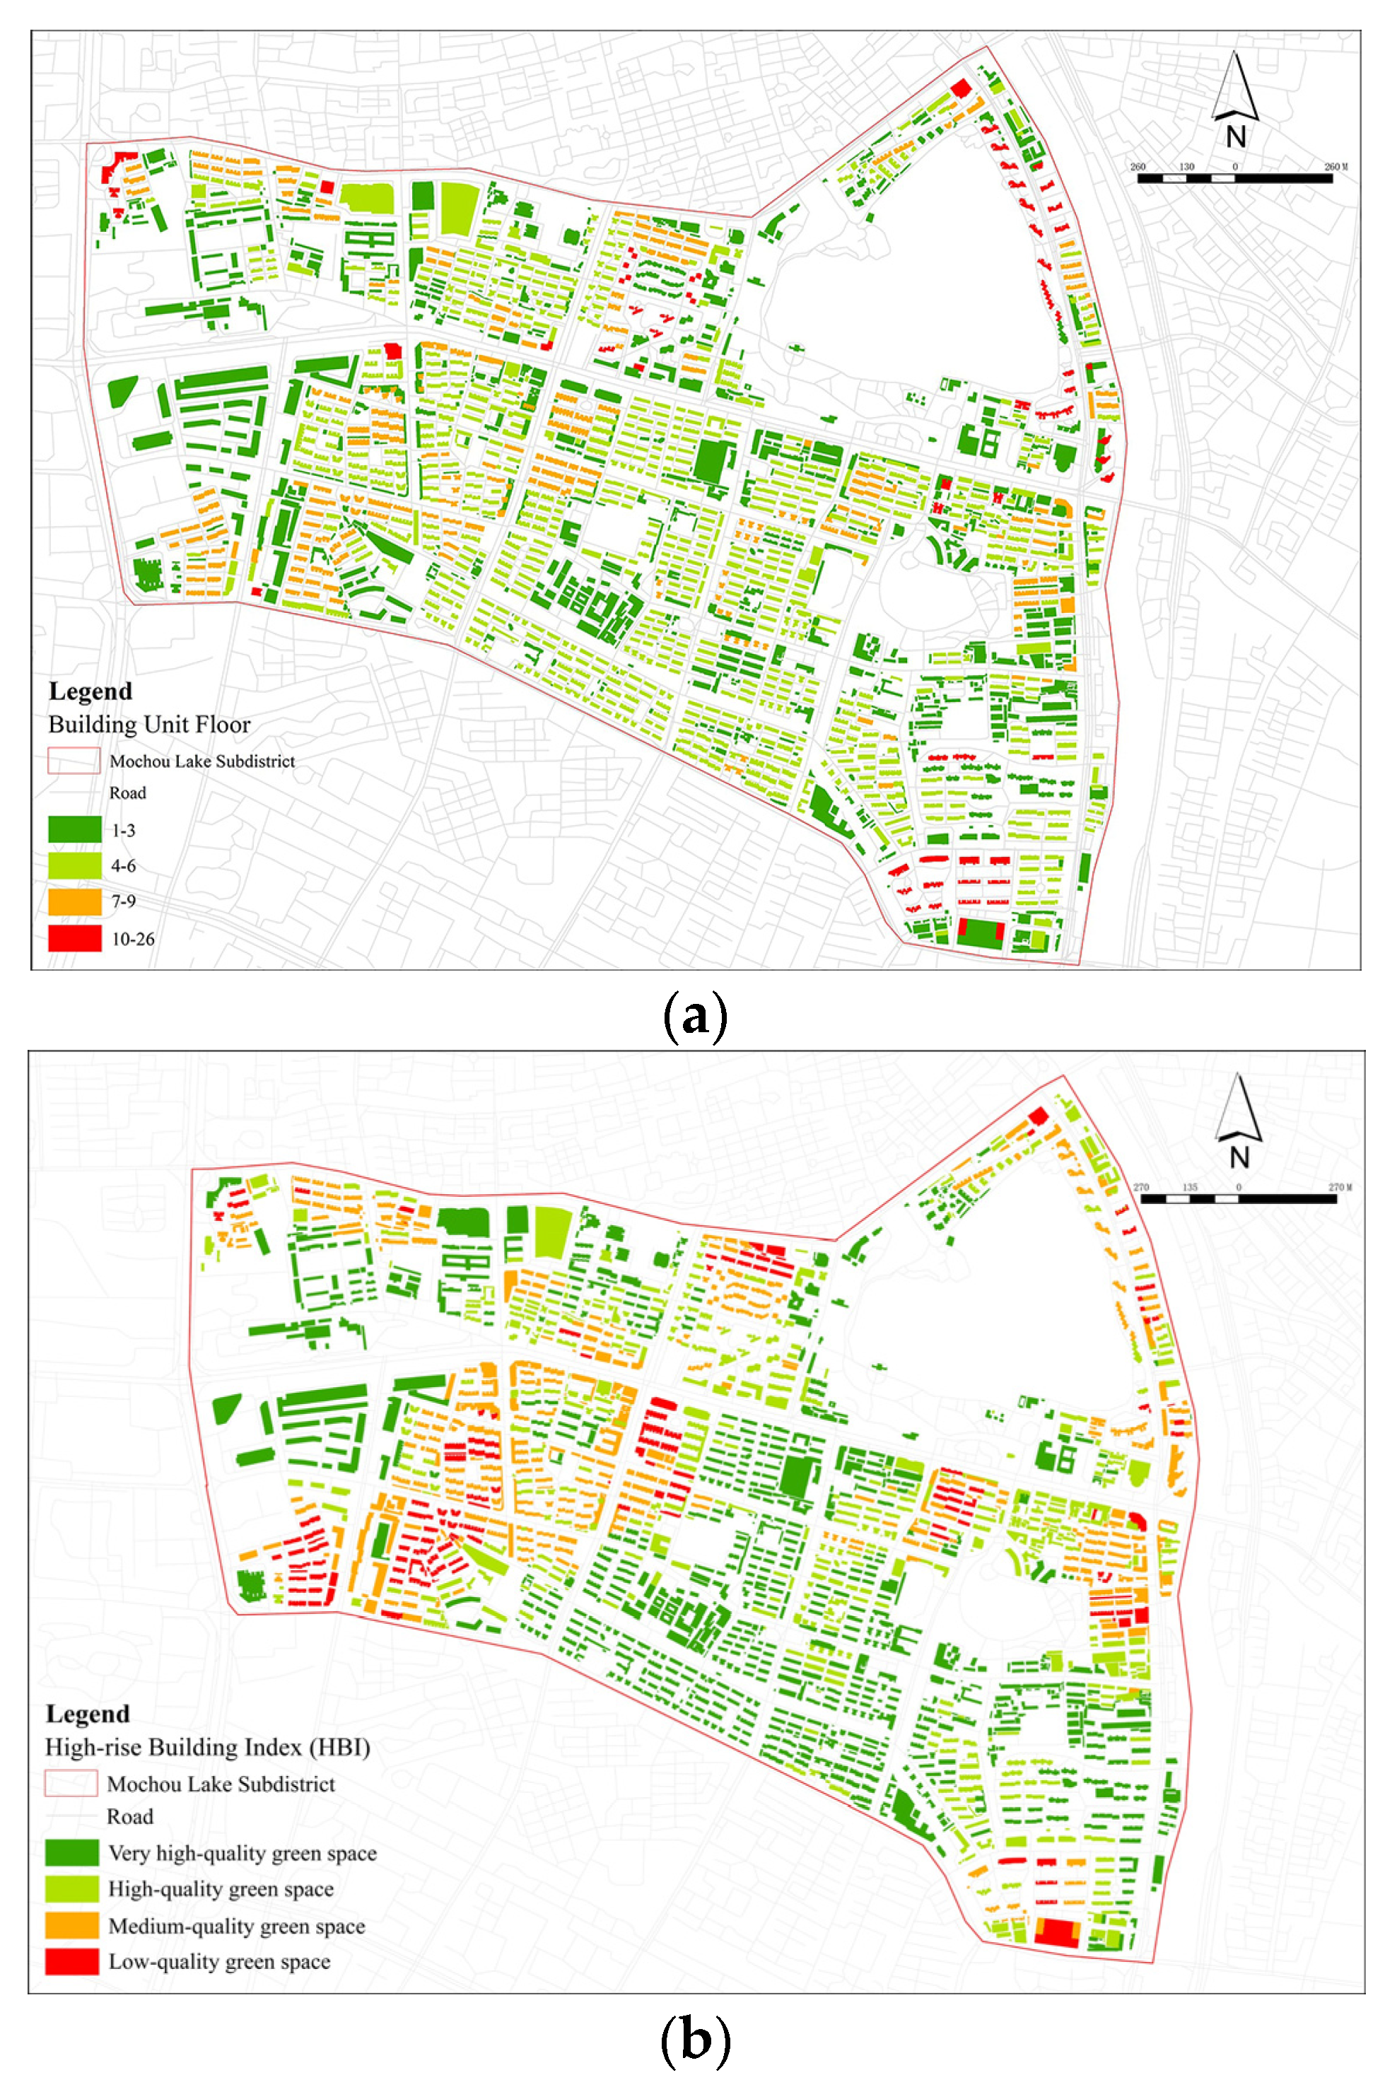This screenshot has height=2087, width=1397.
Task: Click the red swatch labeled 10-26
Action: (x=74, y=938)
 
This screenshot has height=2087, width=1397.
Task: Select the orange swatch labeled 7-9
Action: (x=74, y=901)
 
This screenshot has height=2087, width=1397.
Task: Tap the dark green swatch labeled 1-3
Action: (x=74, y=829)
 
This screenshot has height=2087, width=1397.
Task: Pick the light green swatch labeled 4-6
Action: (x=74, y=865)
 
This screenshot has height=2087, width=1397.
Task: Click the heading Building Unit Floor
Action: (x=148, y=724)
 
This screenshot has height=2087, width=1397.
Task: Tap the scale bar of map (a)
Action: (x=1235, y=178)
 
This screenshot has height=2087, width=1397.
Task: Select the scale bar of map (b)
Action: (x=1239, y=1199)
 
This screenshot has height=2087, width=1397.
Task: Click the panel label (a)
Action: (x=696, y=1015)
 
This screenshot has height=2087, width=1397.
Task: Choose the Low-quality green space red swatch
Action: (x=72, y=1961)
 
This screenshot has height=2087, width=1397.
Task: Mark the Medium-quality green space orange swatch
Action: (x=72, y=1926)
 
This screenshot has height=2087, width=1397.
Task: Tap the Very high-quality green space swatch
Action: (x=72, y=1853)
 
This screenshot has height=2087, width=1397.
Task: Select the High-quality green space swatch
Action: (x=72, y=1888)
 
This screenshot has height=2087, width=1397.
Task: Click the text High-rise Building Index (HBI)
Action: (x=208, y=1747)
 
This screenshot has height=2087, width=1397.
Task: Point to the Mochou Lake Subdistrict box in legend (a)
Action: (x=74, y=761)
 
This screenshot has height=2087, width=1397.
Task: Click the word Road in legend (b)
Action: (x=130, y=1816)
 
